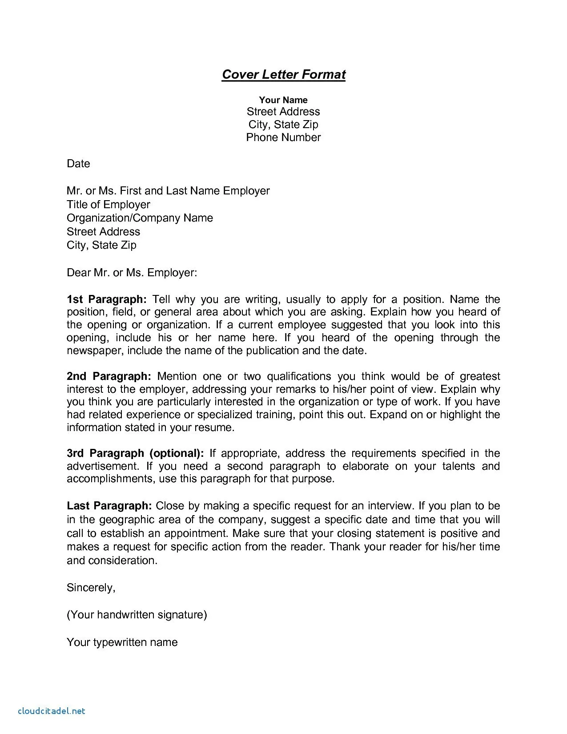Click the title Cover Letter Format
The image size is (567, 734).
click(283, 74)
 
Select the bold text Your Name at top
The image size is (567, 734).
click(283, 100)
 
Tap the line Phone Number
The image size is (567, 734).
click(283, 137)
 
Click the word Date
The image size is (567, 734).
click(78, 164)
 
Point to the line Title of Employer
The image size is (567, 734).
click(109, 205)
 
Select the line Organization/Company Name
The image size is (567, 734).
click(140, 218)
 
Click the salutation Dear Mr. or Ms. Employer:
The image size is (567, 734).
click(132, 272)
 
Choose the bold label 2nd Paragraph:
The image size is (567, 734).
click(109, 376)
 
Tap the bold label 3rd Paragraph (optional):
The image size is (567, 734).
click(135, 453)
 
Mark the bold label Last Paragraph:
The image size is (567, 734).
click(109, 506)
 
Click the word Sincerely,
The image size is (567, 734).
click(91, 588)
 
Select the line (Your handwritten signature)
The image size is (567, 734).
click(137, 615)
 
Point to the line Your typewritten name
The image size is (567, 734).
click(122, 642)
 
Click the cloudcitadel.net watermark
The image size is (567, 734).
click(52, 711)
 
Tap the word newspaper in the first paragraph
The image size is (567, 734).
click(95, 351)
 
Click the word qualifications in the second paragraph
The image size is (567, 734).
click(299, 376)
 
